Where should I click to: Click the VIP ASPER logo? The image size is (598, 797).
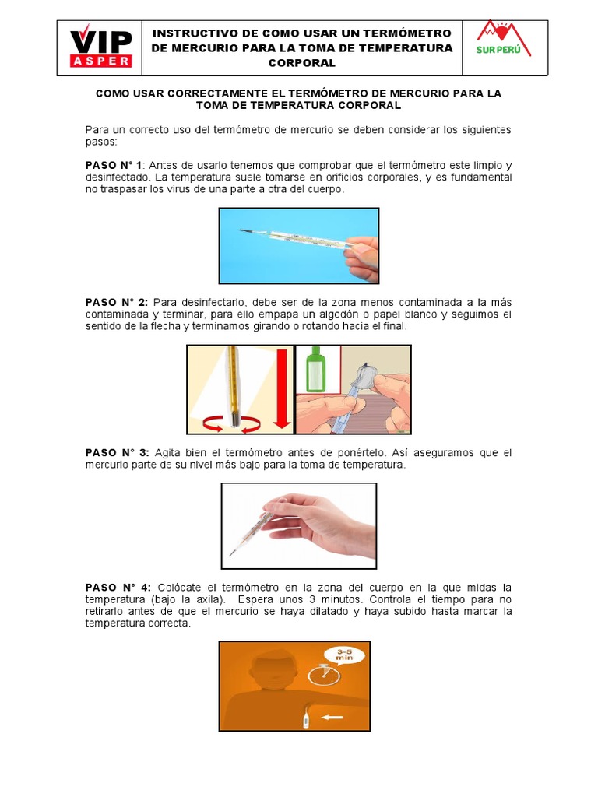click(101, 46)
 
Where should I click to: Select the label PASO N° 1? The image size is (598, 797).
click(114, 166)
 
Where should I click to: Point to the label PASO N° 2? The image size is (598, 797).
click(117, 303)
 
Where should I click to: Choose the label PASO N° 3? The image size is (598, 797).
click(117, 453)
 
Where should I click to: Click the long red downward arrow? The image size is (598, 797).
click(282, 389)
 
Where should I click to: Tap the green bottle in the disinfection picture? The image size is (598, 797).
click(316, 368)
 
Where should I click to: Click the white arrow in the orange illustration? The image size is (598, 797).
click(332, 718)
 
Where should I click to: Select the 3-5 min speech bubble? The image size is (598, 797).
click(344, 655)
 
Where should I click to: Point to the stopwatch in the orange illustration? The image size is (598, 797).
click(323, 674)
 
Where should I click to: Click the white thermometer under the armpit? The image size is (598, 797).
click(306, 716)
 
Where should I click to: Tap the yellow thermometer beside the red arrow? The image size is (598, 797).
click(234, 386)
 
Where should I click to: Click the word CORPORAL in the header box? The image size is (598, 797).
click(302, 63)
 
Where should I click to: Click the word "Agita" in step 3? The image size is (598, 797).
click(167, 453)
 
